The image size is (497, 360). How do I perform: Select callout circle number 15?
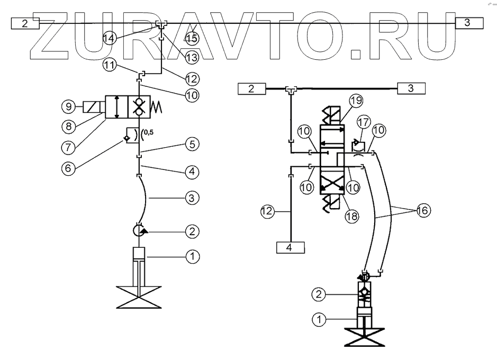coord(193,38)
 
